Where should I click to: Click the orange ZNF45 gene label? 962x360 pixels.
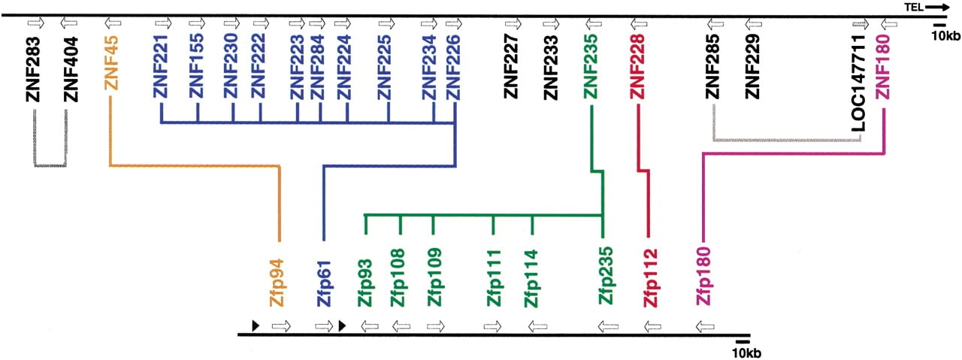[x=111, y=63]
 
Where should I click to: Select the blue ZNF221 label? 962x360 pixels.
[x=161, y=67]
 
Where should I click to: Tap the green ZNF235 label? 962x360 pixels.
[x=591, y=67]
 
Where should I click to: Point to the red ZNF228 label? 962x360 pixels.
[x=637, y=67]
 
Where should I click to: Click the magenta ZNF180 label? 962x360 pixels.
[x=884, y=67]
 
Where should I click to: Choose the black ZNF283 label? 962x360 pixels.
[x=33, y=70]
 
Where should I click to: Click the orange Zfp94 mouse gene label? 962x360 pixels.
[x=277, y=283]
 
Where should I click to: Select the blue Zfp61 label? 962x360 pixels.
[x=324, y=283]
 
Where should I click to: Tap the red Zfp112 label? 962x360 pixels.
[x=650, y=278]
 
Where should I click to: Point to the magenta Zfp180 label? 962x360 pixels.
[x=704, y=276]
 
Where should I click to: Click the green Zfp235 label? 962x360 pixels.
[x=606, y=276]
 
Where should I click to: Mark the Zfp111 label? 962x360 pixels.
[x=494, y=278]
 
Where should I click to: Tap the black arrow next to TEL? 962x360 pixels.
[x=936, y=8]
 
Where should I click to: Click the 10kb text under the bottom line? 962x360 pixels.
[x=746, y=353]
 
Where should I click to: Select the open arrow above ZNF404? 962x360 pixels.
[x=68, y=23]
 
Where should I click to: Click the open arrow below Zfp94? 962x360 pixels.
[x=281, y=326]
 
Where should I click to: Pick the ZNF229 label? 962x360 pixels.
[x=752, y=67]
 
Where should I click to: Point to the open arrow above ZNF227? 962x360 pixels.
[x=513, y=23]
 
